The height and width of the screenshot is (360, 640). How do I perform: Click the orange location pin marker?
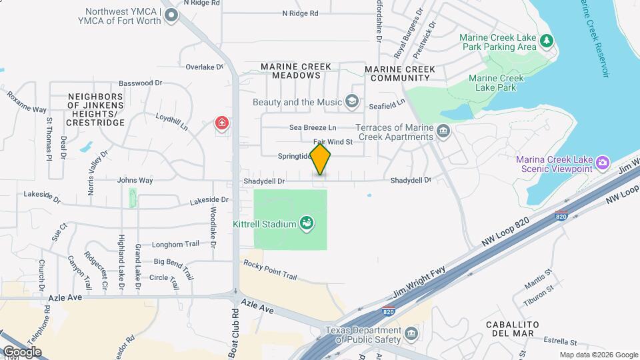point(321,159)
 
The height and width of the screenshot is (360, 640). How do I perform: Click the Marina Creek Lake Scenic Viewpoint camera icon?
point(603,163)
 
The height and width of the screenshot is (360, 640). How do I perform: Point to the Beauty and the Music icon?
point(353,102)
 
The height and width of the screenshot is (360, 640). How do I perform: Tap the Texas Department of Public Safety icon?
point(411,333)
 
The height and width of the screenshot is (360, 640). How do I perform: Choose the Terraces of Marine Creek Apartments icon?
point(443,132)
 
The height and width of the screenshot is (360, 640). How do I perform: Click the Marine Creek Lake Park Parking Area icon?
point(547,41)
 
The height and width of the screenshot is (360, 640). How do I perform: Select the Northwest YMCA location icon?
point(172,15)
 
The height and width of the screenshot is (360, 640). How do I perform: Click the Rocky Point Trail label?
point(270,271)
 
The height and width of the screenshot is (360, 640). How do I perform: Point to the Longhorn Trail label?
point(176,244)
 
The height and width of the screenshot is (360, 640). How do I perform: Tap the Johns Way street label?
point(135,180)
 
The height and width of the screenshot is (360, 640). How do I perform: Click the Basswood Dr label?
point(141,83)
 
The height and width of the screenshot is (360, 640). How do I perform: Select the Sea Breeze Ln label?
point(313,127)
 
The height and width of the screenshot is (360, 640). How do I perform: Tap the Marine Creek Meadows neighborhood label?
point(291,71)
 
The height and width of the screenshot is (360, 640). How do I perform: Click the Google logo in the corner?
point(22,351)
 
